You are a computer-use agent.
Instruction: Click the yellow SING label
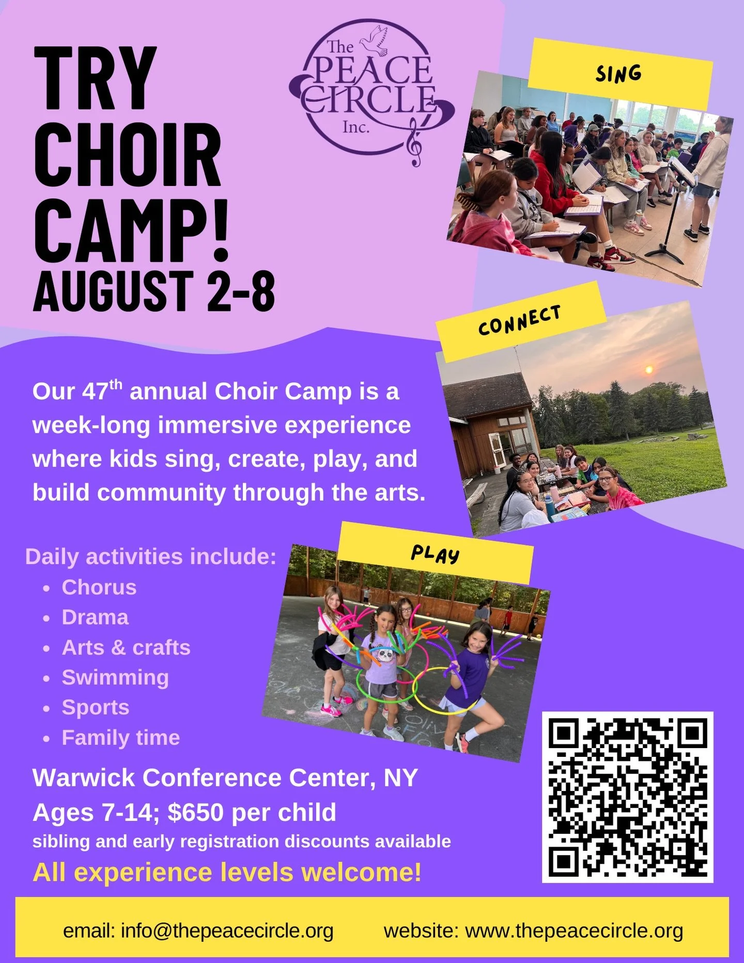coord(619,73)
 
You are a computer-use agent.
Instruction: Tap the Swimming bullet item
coord(115,677)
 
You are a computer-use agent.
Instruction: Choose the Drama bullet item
coord(95,617)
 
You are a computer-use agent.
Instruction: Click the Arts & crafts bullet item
coord(126,647)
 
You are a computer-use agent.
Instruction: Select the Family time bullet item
coord(121,737)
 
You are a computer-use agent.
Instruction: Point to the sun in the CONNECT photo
coord(649,369)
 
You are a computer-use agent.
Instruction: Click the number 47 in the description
coord(96,392)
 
